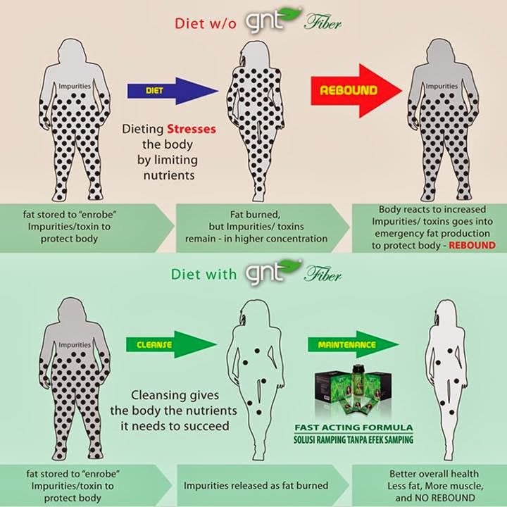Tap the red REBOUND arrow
click(x=356, y=91)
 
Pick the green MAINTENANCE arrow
click(x=355, y=345)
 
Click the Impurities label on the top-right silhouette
click(x=442, y=87)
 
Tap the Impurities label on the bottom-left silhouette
click(x=75, y=344)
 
